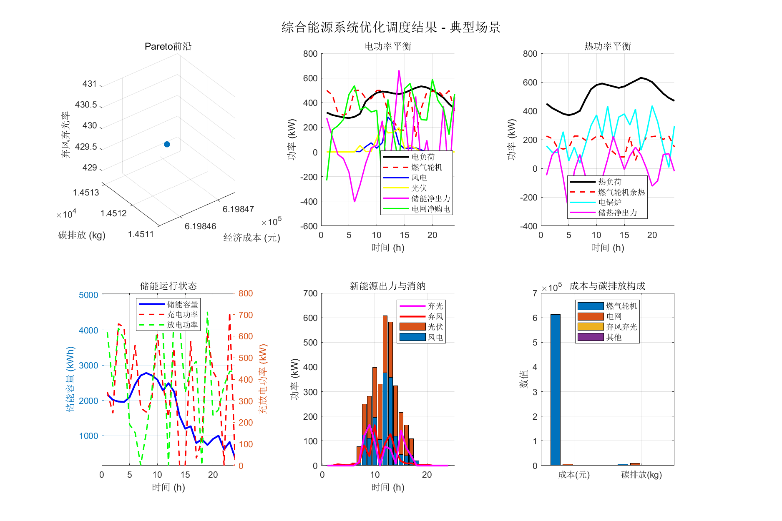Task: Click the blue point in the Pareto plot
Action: coord(167,144)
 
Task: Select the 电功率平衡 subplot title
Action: coord(388,46)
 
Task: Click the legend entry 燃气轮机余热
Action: coord(621,192)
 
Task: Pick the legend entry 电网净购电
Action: coord(431,209)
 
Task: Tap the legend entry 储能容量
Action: coord(182,304)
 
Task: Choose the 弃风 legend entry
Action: coord(435,317)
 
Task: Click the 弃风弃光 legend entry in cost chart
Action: coord(621,327)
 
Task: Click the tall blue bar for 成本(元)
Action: coord(555,390)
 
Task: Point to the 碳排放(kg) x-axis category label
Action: coord(641,475)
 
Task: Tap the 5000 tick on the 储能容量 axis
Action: coord(88,295)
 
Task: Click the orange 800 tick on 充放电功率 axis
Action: coord(246,293)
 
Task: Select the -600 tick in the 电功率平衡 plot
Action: coord(309,226)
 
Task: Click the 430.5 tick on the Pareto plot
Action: coord(86,105)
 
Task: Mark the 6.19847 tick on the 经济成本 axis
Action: coord(238,209)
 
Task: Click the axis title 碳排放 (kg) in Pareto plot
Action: coord(82,235)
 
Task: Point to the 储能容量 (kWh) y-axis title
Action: coord(70,379)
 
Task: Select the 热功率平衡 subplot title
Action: coord(607,46)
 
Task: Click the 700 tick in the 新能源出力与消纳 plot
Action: coord(310,293)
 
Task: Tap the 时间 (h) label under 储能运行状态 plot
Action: coord(168,487)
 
